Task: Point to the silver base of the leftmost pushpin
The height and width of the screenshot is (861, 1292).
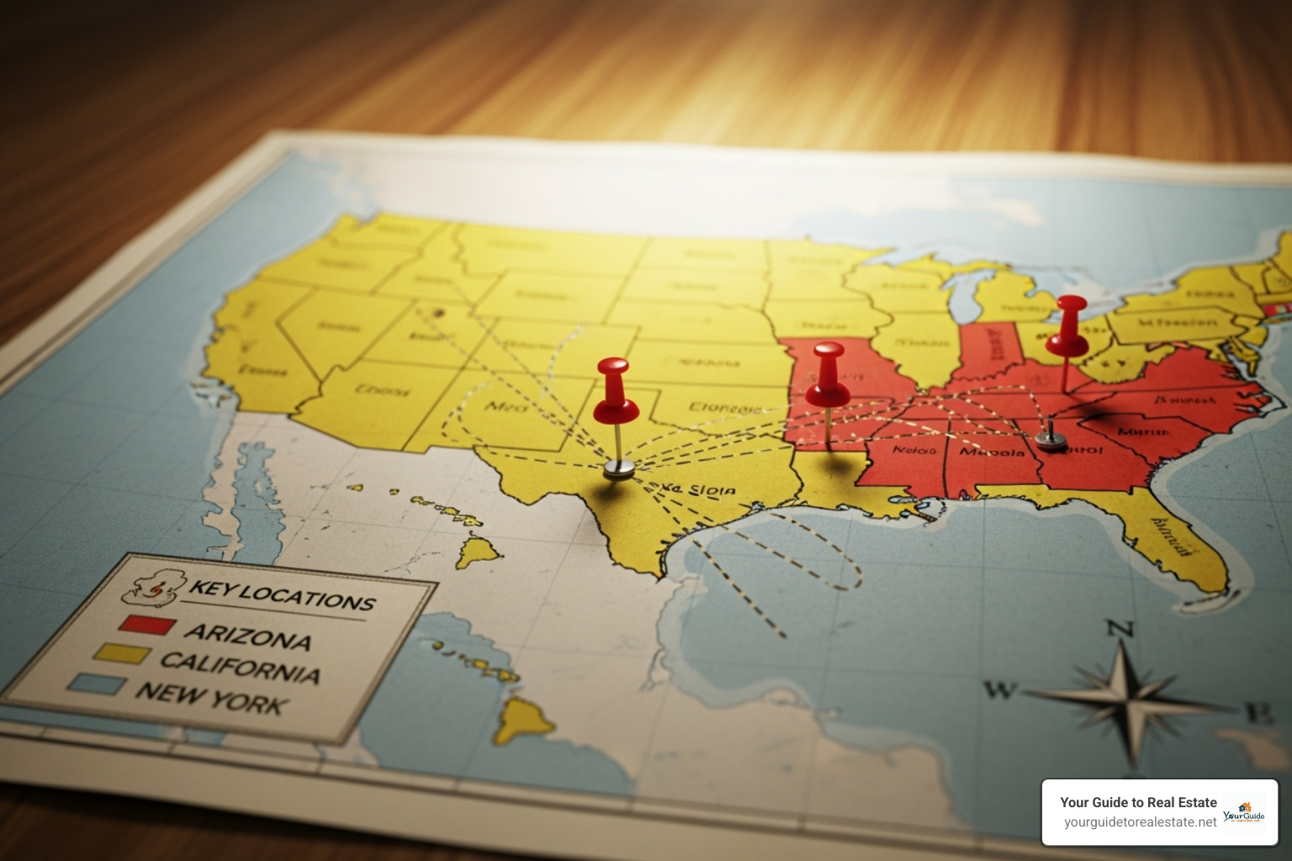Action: click(x=618, y=468)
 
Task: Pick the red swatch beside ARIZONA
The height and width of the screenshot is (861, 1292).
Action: click(x=146, y=625)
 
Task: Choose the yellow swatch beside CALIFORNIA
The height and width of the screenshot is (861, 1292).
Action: click(x=123, y=654)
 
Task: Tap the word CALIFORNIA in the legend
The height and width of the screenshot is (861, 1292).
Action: click(x=240, y=667)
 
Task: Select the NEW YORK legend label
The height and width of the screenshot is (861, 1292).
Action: click(x=212, y=697)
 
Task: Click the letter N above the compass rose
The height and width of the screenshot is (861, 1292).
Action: click(x=1119, y=628)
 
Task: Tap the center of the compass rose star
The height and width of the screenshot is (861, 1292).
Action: click(x=1130, y=696)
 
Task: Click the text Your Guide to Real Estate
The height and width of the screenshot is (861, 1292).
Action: click(x=1138, y=802)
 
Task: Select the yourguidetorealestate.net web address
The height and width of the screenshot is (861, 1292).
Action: click(x=1140, y=822)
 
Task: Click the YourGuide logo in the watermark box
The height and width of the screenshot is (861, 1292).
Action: click(x=1244, y=813)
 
